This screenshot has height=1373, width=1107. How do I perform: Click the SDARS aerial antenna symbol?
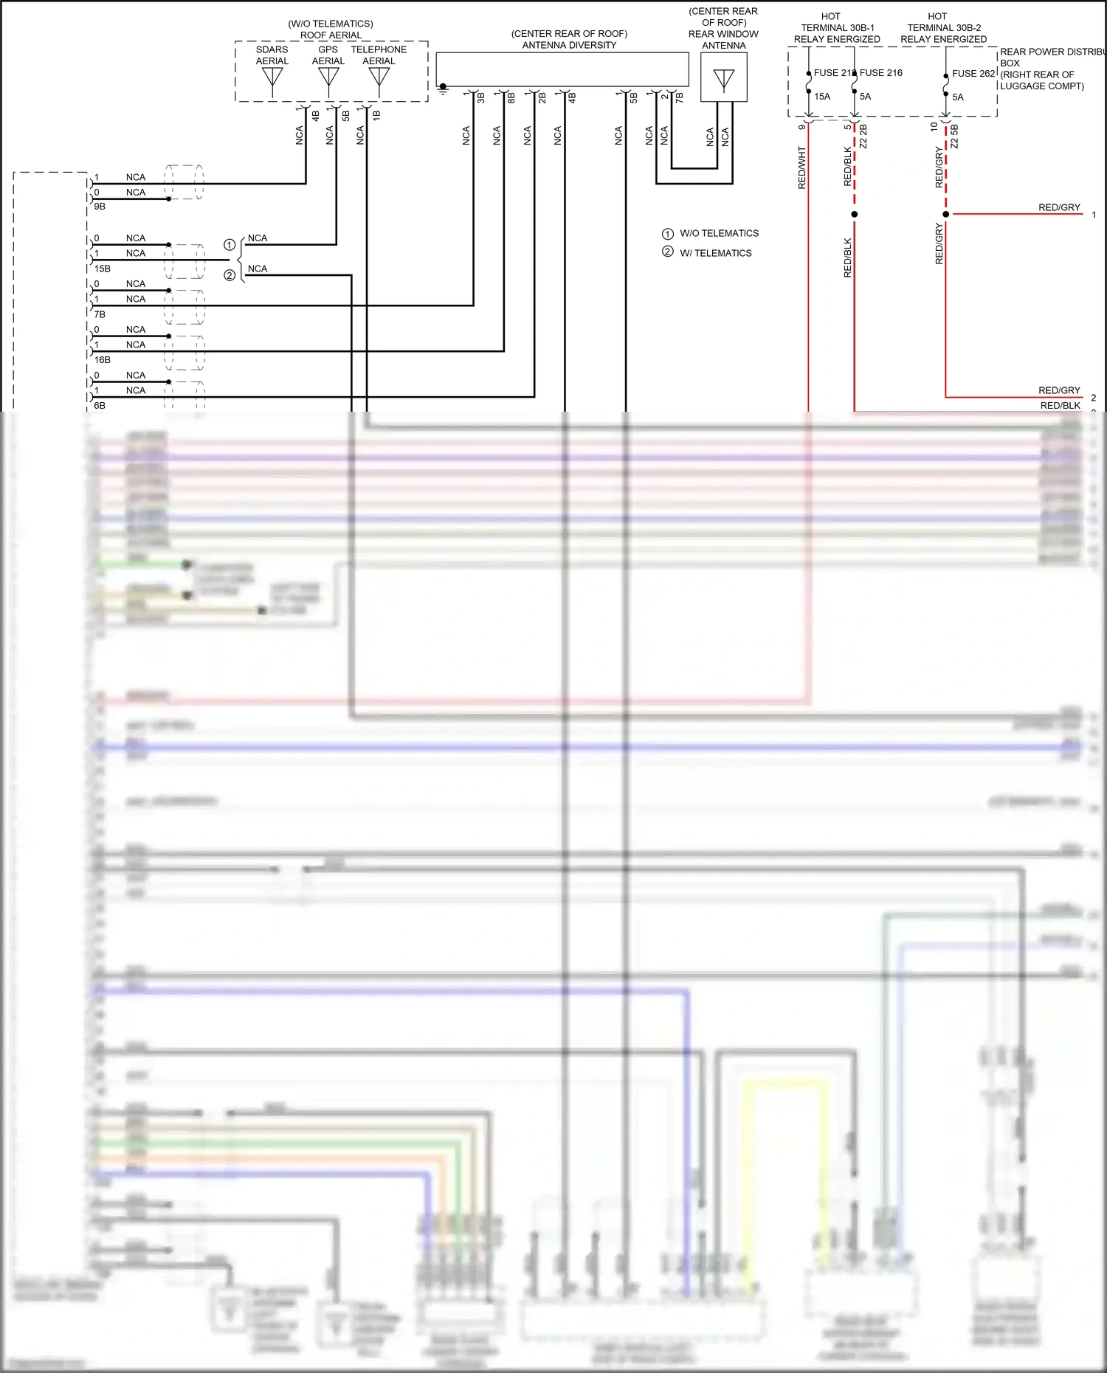[272, 77]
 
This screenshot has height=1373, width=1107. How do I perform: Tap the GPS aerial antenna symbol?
[328, 77]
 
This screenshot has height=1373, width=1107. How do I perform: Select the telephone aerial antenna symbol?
[379, 77]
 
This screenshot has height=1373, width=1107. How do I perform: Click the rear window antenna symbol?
[724, 79]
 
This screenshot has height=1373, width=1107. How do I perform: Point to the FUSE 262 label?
[973, 74]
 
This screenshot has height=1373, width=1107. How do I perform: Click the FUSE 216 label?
[881, 73]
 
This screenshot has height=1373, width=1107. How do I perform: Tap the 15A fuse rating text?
[822, 97]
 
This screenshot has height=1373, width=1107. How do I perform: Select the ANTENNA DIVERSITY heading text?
[569, 45]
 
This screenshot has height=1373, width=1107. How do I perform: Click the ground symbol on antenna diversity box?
[443, 89]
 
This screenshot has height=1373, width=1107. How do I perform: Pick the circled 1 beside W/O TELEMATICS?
[668, 234]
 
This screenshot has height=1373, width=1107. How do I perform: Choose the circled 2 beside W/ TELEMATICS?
[668, 252]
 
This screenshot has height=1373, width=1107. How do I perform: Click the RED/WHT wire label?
[802, 167]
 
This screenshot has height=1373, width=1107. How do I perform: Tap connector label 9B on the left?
[100, 207]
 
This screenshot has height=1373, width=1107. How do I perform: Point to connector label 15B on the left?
[103, 269]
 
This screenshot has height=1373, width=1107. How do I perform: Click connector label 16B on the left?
[103, 360]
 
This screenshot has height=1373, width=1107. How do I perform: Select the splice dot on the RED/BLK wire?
[855, 214]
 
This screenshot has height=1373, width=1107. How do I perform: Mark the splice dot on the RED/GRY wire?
[946, 214]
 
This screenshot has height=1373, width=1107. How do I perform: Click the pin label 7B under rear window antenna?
[679, 97]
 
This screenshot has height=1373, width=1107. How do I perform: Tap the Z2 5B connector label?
[954, 136]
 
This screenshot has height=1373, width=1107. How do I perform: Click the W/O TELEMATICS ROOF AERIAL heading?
[331, 30]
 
